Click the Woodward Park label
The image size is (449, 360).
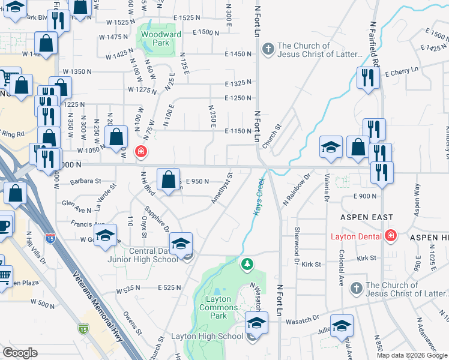tap(160, 39)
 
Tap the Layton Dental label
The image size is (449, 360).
tap(357, 236)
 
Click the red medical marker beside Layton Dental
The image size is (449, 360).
tap(391, 235)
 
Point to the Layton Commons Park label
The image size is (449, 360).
tap(223, 303)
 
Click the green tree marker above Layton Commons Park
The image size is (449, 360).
tap(246, 263)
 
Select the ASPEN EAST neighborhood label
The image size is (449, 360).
tap(367, 217)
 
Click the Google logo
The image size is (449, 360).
tap(20, 353)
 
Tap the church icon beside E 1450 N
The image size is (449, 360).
tap(268, 47)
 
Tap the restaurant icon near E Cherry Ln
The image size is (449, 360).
tap(366, 77)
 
